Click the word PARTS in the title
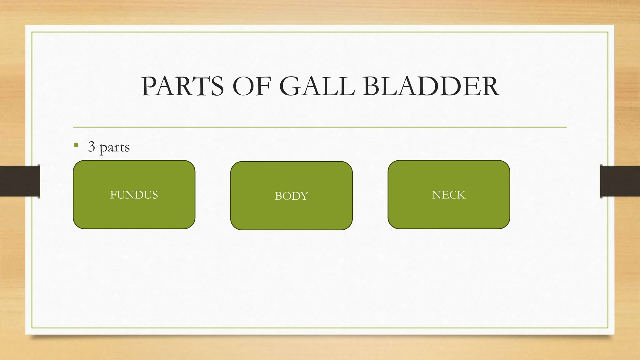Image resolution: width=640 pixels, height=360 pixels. [182, 86]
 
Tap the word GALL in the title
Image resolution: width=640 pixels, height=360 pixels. [317, 86]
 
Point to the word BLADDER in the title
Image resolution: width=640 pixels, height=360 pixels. [431, 86]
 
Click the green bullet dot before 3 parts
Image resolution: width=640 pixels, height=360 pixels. [76, 145]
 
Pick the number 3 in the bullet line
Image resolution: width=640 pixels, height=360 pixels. [92, 146]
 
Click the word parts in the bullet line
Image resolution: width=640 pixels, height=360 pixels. [114, 147]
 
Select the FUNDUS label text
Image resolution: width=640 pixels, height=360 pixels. [134, 195]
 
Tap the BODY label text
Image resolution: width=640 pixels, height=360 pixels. [291, 196]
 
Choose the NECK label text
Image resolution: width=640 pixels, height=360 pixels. [449, 195]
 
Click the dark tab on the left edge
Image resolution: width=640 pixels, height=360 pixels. [19, 181]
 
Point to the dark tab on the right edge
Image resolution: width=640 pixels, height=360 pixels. [620, 181]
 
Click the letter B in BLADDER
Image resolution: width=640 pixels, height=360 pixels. [371, 86]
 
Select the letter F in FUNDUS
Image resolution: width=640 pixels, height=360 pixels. [113, 195]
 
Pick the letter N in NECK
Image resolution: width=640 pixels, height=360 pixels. [437, 195]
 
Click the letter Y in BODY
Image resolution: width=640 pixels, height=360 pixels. [304, 196]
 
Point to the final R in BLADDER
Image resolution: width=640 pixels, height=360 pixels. [490, 86]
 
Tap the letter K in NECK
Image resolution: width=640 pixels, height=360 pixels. [462, 195]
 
